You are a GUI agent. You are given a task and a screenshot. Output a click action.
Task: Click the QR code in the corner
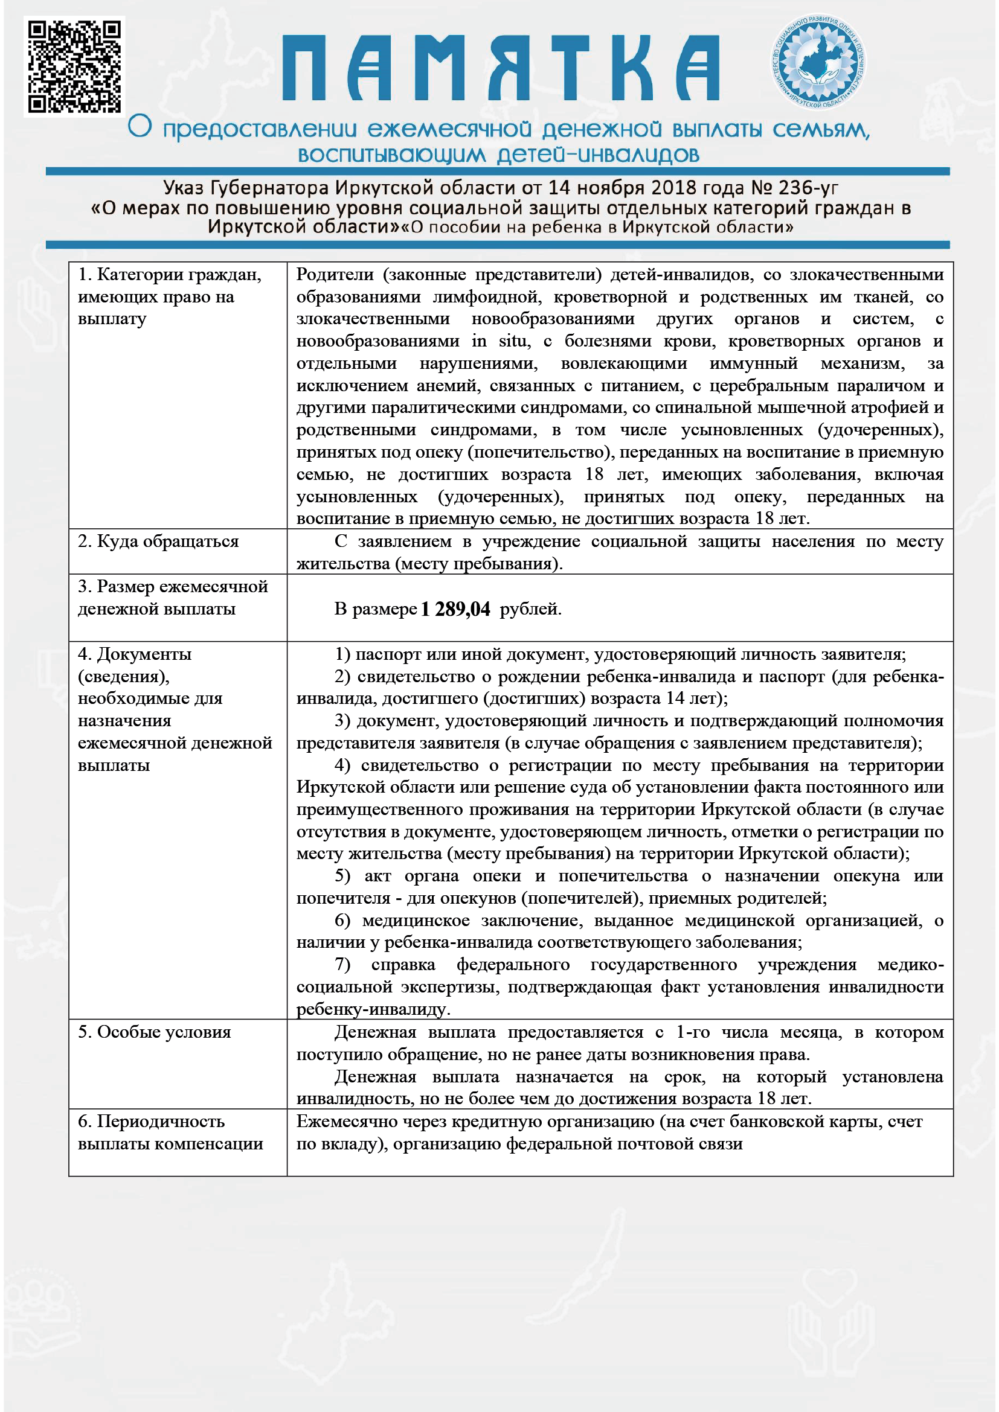pos(74,66)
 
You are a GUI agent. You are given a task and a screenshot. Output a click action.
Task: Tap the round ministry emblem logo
pos(819,63)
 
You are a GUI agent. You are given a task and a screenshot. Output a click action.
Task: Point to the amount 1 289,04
pos(455,610)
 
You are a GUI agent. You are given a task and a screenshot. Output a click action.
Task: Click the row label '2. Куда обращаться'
pos(158,541)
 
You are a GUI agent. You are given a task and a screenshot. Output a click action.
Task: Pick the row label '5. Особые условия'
pos(155,1032)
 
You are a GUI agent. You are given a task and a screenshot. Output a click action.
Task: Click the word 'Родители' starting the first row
pos(335,274)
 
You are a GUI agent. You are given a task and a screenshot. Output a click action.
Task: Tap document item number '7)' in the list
pos(342,965)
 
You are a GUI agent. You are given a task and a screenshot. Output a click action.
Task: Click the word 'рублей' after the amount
pos(530,610)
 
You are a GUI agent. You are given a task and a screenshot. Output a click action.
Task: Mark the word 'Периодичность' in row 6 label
pos(161,1122)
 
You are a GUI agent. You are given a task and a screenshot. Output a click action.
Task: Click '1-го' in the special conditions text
pos(693,1032)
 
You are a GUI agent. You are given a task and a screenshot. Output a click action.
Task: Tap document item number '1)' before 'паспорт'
pos(342,654)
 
